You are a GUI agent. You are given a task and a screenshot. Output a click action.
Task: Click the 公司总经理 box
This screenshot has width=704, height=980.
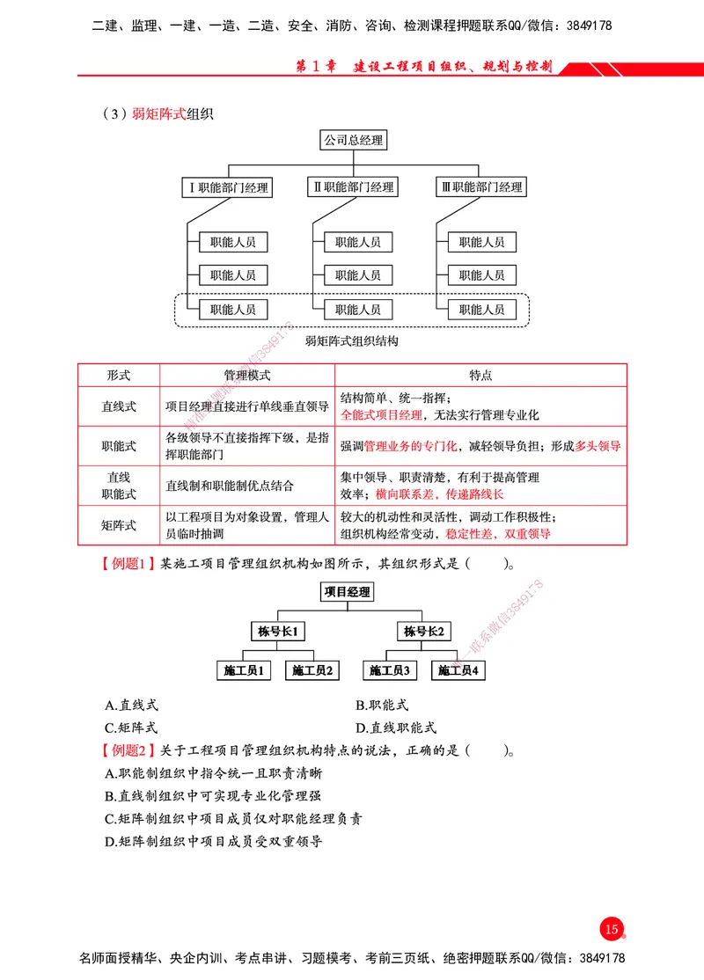point(353,140)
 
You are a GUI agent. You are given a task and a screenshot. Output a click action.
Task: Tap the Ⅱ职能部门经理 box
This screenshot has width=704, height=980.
point(353,187)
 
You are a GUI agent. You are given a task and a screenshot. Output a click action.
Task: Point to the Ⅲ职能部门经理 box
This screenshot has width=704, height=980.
point(481,187)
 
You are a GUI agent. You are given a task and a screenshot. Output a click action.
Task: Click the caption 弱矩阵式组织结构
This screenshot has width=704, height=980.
point(352,340)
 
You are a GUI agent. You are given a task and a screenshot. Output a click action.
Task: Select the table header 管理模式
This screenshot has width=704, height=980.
point(247,376)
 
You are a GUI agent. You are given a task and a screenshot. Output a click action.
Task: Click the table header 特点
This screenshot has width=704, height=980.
point(480,376)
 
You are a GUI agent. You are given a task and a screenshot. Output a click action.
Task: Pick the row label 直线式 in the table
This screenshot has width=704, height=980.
point(119,406)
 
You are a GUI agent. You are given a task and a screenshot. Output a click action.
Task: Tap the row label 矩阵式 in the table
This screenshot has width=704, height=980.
point(119,526)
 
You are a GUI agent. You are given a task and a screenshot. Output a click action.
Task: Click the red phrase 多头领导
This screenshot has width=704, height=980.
point(598,446)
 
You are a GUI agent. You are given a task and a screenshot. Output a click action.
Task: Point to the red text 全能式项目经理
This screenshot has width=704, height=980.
point(382,414)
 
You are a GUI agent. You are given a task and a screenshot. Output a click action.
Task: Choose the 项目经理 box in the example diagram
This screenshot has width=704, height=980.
point(347,592)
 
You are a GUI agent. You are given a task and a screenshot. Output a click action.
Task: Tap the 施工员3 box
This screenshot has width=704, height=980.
point(390,670)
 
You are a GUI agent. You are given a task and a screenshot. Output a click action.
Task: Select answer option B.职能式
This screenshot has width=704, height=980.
point(382,706)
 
